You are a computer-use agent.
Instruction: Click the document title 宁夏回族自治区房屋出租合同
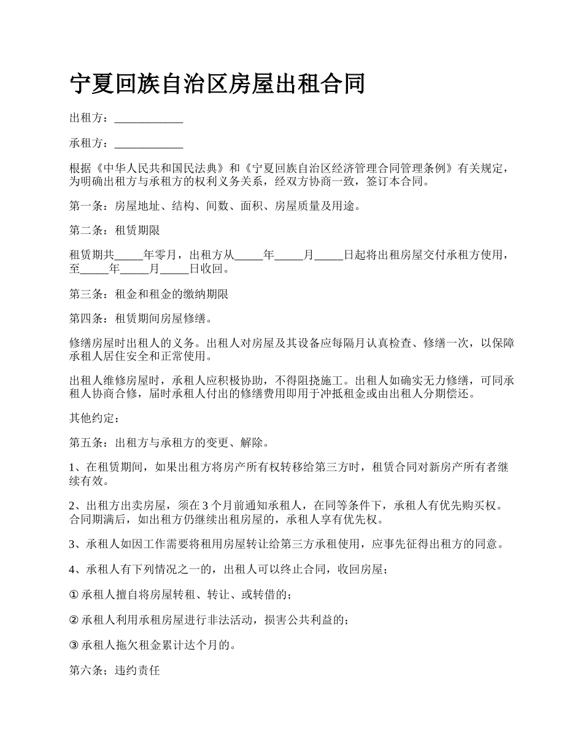(x=217, y=84)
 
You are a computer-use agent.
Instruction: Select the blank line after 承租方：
(x=149, y=144)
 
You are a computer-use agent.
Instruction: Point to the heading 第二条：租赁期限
(x=115, y=231)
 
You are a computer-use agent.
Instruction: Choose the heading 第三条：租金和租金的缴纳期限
(x=149, y=295)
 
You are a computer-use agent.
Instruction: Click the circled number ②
(x=74, y=621)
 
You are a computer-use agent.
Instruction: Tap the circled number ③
(x=74, y=646)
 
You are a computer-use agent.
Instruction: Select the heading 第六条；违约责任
(x=115, y=671)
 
